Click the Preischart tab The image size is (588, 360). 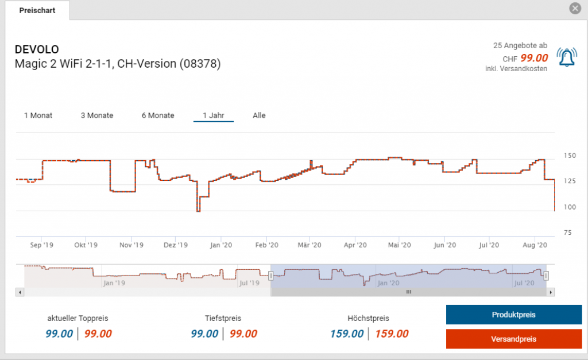[37, 10]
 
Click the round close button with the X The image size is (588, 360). [575, 9]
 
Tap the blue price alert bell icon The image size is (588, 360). [567, 57]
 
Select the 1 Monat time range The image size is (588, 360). [38, 115]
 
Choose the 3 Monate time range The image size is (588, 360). [96, 115]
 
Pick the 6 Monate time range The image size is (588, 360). [158, 115]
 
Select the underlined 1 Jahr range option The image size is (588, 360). [214, 115]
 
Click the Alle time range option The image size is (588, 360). [259, 115]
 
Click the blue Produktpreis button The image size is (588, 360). [513, 315]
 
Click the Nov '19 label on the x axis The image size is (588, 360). [131, 245]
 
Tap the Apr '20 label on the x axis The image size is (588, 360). [355, 245]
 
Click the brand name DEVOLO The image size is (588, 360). [36, 49]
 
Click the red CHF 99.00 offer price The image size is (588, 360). [534, 58]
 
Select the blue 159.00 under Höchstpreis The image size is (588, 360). [346, 334]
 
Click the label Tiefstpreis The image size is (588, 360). [223, 318]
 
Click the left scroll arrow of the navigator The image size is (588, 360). [20, 292]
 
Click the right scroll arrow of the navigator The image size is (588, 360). [551, 292]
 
